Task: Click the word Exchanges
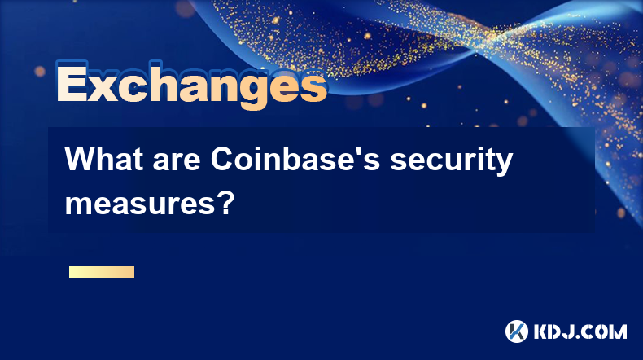point(192,85)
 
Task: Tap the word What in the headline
point(104,160)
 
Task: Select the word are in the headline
point(177,162)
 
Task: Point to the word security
point(451,162)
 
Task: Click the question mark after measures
point(226,203)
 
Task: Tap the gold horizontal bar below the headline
point(102,271)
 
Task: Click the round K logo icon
point(517,331)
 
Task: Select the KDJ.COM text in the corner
point(580,331)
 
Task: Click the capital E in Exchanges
point(72,82)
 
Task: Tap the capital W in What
point(80,160)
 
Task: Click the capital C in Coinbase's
point(221,160)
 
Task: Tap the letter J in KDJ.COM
point(574,331)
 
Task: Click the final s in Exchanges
point(314,87)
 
